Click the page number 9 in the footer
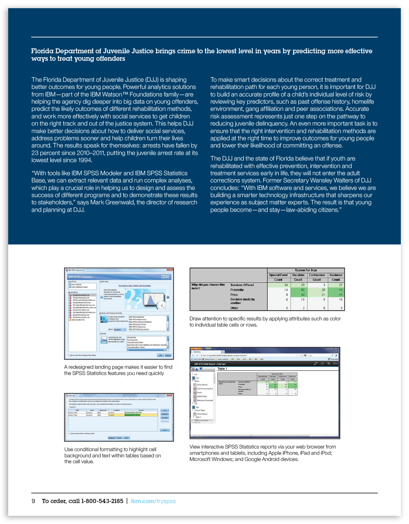pos(33,501)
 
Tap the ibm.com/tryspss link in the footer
pos(153,501)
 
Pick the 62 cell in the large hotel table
pos(303,290)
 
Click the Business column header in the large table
pos(336,275)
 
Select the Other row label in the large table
pos(234,308)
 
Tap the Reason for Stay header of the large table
pos(306,270)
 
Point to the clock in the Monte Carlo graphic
pos(161,305)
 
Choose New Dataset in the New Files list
pos(77,284)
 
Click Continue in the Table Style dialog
pos(112,438)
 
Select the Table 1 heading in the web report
pos(222,369)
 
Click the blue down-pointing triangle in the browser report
pos(201,369)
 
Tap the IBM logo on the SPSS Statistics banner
pos(165,277)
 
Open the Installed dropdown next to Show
pos(120,330)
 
